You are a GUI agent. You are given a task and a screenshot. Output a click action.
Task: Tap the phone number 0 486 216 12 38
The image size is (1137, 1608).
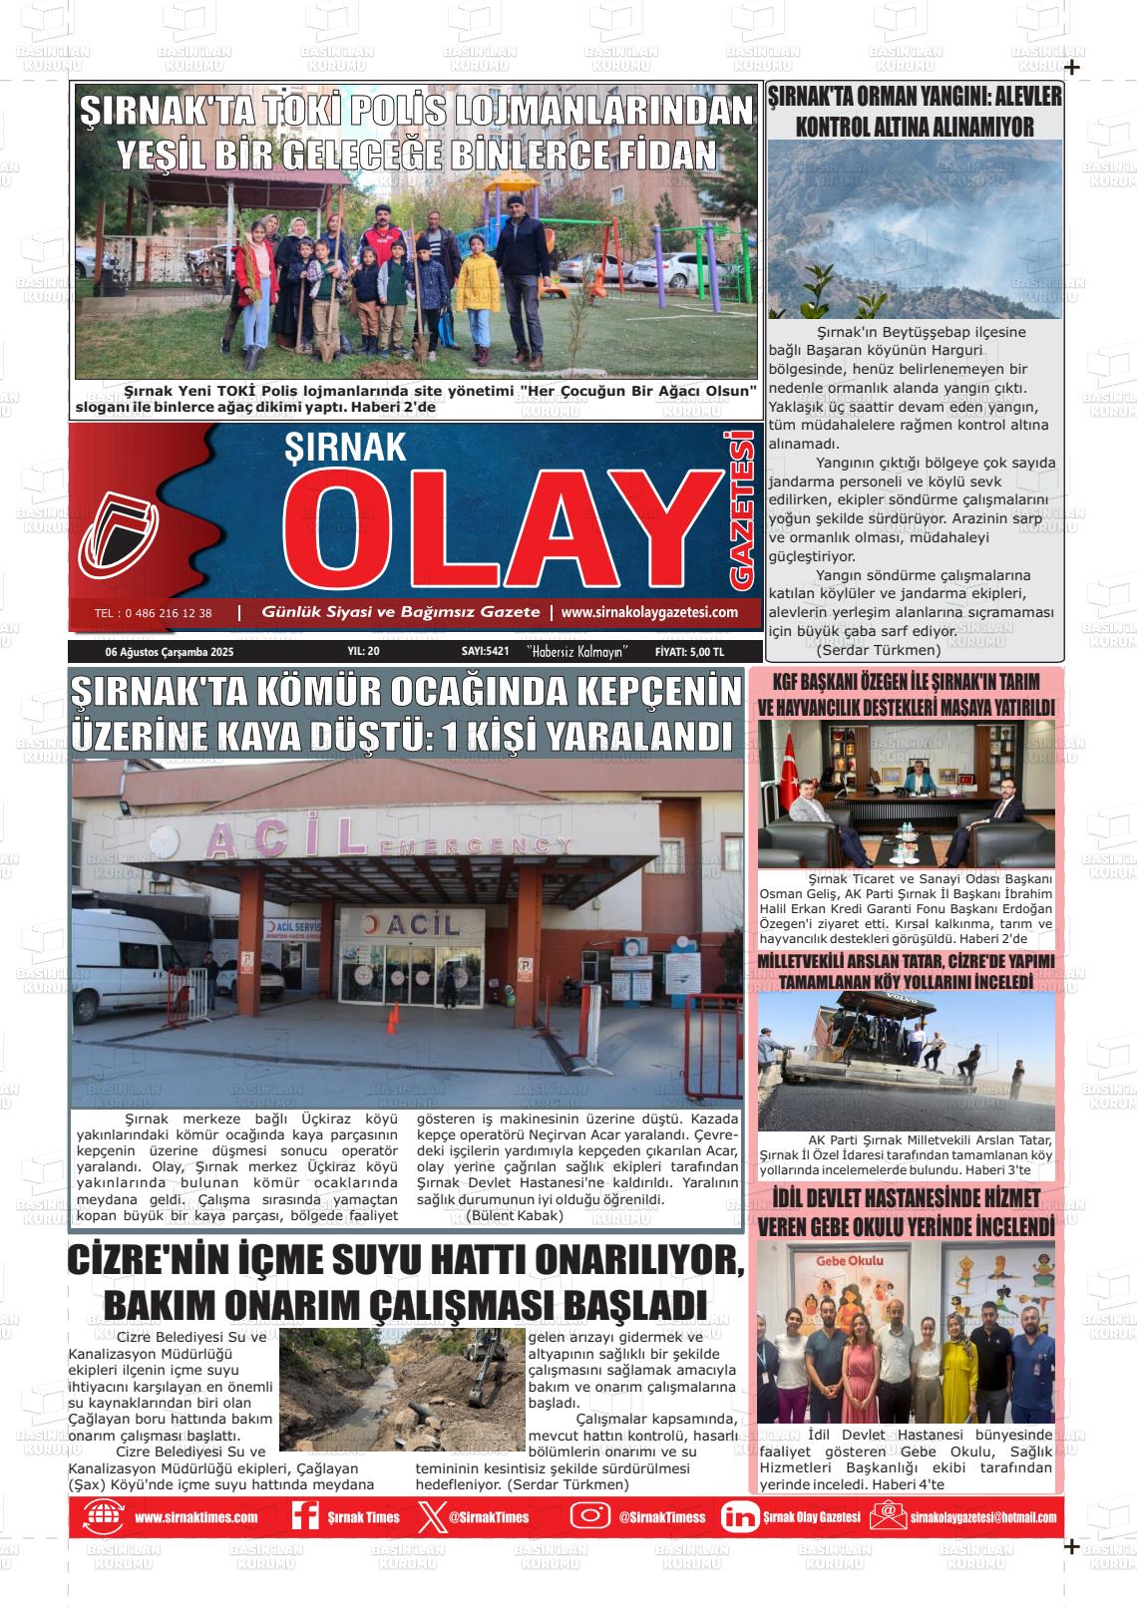[x=153, y=613]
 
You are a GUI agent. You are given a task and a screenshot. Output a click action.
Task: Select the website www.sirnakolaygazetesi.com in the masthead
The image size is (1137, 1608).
[x=649, y=613]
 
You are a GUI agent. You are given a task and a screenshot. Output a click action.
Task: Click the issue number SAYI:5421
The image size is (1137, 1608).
[x=485, y=652]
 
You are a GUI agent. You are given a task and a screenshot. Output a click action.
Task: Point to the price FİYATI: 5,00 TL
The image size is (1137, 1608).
[x=689, y=652]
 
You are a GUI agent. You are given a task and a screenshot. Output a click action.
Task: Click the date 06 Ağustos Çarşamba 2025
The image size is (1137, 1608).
[x=169, y=652]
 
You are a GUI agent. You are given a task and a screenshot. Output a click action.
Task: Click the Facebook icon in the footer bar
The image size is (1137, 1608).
[x=304, y=1516]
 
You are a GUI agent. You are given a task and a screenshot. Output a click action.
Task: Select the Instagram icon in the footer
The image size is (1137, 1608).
[x=589, y=1516]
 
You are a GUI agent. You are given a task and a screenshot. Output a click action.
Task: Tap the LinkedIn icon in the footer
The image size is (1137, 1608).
[x=739, y=1517]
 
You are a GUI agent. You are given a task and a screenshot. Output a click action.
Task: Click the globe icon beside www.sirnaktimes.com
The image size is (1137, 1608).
[x=102, y=1516]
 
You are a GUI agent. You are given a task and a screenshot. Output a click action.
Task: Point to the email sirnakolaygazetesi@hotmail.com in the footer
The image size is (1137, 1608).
[x=982, y=1517]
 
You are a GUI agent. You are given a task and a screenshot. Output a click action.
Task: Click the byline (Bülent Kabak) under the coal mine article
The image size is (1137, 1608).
[x=515, y=1216]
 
